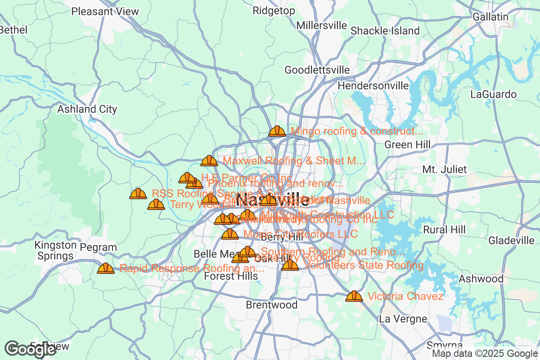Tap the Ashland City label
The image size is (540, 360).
tap(87, 109)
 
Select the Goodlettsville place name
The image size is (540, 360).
tap(317, 70)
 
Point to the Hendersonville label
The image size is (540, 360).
tap(373, 85)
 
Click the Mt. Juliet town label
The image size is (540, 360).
tap(445, 170)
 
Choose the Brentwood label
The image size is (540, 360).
tap(271, 305)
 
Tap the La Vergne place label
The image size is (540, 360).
tap(403, 319)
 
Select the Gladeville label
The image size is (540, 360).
tap(511, 240)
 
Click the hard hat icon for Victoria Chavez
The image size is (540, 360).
tap(354, 296)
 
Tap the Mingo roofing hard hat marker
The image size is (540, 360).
tap(277, 131)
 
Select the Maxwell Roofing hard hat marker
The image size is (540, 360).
tap(209, 161)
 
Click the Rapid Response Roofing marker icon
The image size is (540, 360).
tap(106, 268)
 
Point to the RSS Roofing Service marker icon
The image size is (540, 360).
tap(138, 193)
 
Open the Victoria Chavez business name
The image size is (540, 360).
tap(405, 296)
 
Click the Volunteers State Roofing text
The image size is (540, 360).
tap(364, 265)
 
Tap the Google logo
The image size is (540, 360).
tap(31, 349)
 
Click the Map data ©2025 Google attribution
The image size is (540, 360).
tap(485, 354)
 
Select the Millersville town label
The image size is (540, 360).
tap(322, 25)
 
